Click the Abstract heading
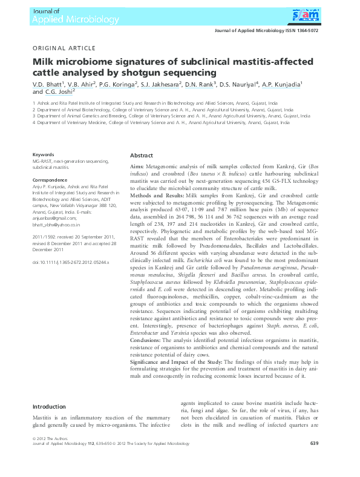tap(142, 156)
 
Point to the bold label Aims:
tap(137, 166)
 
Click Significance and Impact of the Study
tap(176, 361)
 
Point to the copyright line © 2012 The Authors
tap(48, 438)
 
